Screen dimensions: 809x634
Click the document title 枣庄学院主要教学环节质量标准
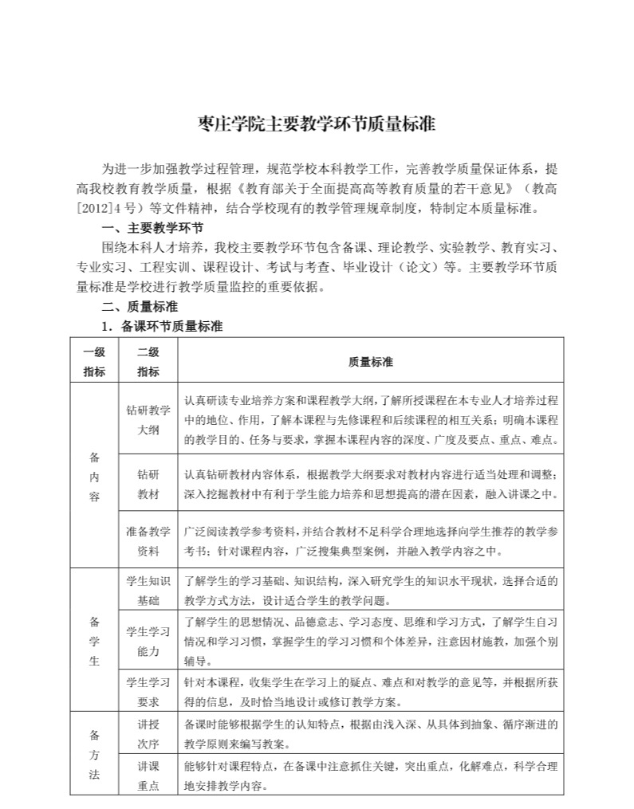[317, 125]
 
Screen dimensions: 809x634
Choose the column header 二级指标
[148, 361]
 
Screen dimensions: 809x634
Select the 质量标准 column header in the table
[370, 361]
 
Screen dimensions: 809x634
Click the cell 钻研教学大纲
[148, 419]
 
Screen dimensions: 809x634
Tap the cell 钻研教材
[148, 483]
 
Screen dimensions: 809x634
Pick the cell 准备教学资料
[148, 540]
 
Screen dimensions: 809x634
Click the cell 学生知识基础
[148, 590]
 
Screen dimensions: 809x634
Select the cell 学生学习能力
[148, 641]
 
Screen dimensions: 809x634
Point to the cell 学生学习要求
[148, 691]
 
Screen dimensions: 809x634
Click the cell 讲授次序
[148, 735]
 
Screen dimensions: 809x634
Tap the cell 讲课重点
[148, 776]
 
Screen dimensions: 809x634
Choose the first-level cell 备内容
[94, 476]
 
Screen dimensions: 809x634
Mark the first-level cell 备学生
[94, 640]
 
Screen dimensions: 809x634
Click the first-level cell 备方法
[94, 755]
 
